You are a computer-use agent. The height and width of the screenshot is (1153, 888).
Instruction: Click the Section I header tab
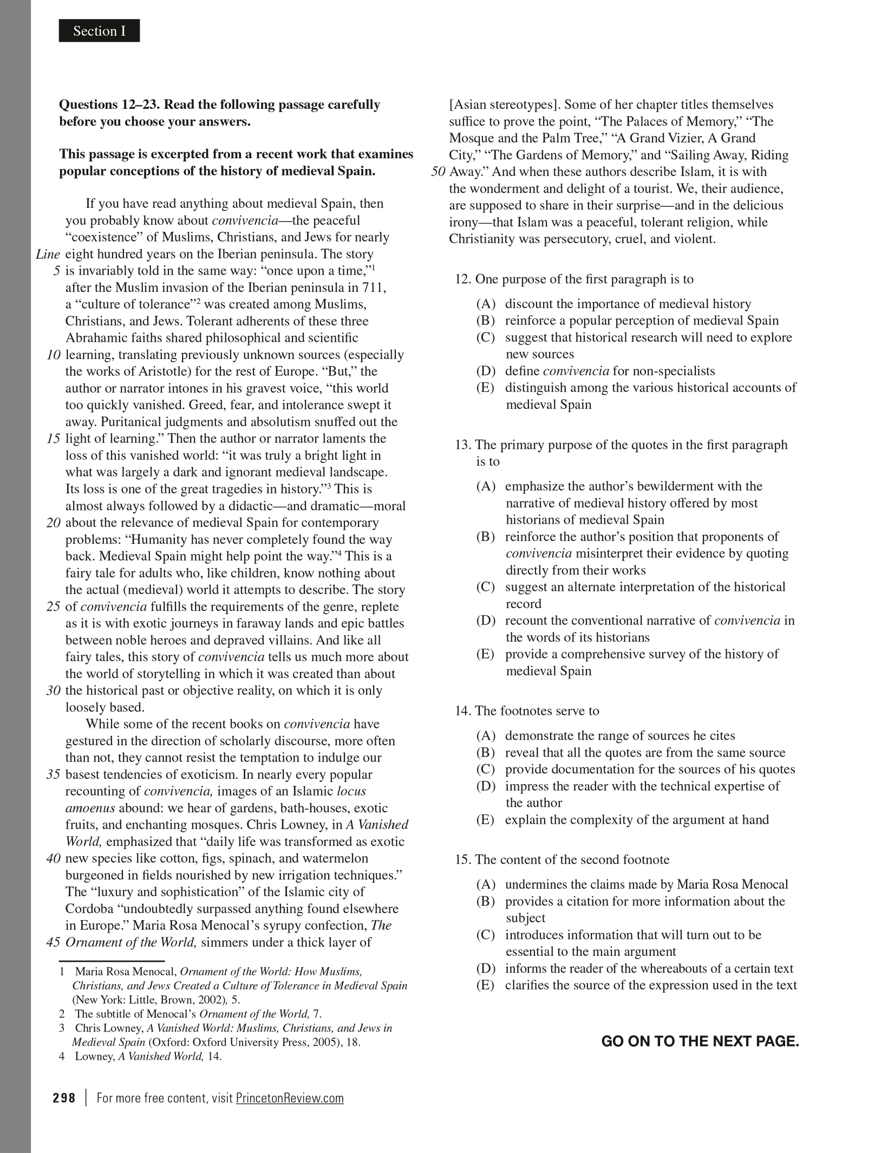click(99, 31)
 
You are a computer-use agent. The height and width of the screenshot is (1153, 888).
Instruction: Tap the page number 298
click(64, 1098)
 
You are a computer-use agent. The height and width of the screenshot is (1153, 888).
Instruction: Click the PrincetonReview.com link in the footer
click(290, 1098)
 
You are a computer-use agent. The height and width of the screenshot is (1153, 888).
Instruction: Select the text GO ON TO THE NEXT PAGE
click(700, 1041)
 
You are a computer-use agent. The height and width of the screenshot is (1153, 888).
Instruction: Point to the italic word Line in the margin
click(48, 254)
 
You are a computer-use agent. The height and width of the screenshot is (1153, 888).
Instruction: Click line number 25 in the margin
click(53, 607)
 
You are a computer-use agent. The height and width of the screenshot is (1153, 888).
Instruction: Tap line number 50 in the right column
click(438, 172)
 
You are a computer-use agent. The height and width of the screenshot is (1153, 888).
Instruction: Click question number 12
click(463, 279)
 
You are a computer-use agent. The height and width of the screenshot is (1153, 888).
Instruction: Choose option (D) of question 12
click(486, 371)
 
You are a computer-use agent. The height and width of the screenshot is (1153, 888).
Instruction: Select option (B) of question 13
click(486, 537)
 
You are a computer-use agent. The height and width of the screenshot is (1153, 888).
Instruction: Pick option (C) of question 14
click(486, 769)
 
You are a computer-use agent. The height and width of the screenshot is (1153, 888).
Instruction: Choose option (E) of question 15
click(486, 985)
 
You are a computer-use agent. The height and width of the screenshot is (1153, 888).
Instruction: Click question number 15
click(463, 859)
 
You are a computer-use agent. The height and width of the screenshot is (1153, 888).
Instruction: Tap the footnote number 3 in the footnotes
click(62, 1028)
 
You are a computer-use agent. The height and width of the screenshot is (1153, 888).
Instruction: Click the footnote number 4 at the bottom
click(62, 1056)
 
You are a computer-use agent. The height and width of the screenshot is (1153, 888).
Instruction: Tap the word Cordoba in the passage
click(89, 909)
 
